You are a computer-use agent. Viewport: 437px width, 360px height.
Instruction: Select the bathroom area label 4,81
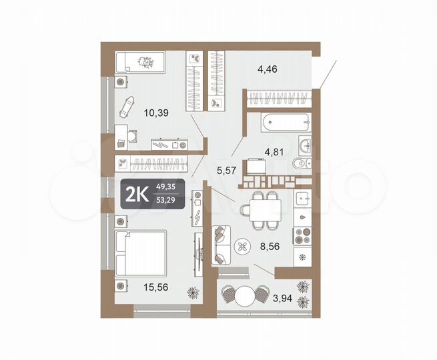tap(274, 151)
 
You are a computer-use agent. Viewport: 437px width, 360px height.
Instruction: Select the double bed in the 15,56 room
tap(140, 253)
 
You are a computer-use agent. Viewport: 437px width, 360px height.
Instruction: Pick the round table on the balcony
tap(248, 295)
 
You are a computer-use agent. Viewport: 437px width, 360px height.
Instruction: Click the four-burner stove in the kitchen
tap(302, 237)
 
